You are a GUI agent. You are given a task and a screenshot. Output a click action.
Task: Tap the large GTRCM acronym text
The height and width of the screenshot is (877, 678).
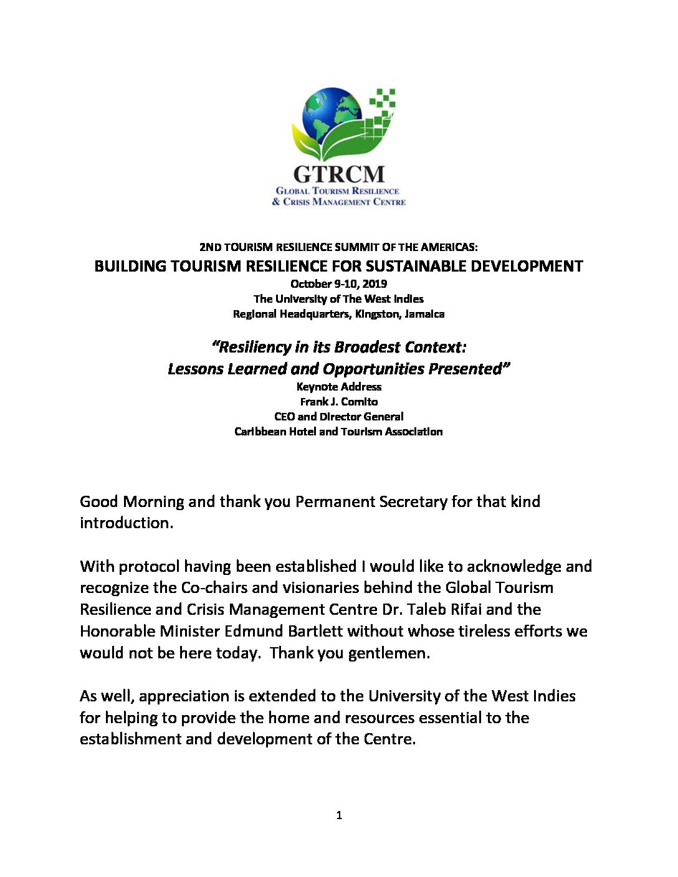pos(339,173)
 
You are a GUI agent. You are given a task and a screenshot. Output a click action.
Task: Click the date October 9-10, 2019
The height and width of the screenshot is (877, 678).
pos(338,283)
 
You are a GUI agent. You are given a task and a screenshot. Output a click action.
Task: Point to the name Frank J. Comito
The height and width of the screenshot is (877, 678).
pos(339,402)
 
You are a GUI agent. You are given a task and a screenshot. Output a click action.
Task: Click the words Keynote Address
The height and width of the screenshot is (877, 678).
pos(339,387)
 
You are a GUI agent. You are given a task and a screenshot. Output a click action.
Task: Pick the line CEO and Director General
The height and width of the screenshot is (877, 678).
pos(339,417)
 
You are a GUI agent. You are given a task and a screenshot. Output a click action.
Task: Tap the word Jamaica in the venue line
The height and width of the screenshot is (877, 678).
pos(424,314)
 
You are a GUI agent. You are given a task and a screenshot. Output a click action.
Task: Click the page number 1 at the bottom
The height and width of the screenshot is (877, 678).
pos(339,815)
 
